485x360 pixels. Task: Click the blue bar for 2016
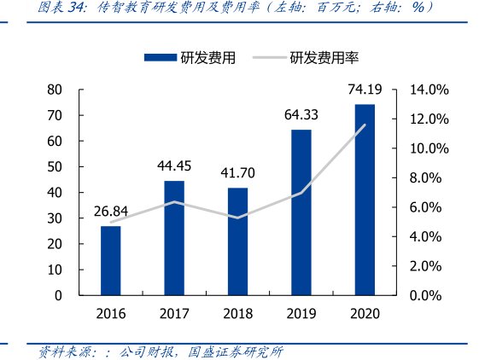tap(110, 260)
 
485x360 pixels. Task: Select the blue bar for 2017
tap(174, 238)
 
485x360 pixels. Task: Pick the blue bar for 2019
tap(301, 212)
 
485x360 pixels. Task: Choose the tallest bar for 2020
tap(365, 200)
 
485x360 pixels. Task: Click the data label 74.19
tap(365, 89)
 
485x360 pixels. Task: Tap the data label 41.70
tap(237, 173)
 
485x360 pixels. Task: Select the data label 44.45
tap(174, 165)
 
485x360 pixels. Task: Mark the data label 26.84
tap(110, 212)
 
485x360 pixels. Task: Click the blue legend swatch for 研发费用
tap(160, 58)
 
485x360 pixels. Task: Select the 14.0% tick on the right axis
tap(429, 90)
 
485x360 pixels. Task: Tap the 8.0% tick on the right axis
tap(429, 177)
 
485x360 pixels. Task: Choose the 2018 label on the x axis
tap(237, 313)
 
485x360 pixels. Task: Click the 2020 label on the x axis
tap(365, 313)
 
